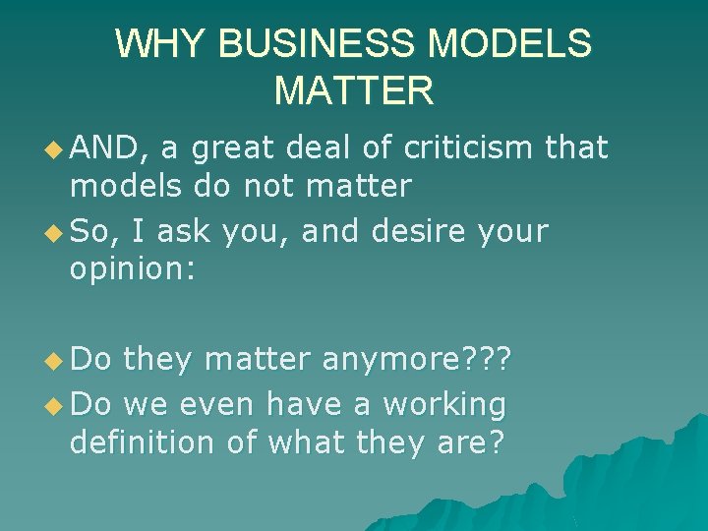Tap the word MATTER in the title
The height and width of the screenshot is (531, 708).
(x=354, y=91)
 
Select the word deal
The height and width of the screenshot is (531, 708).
(x=317, y=148)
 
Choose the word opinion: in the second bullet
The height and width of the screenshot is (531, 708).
(x=133, y=268)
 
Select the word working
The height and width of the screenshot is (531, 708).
(x=444, y=404)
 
